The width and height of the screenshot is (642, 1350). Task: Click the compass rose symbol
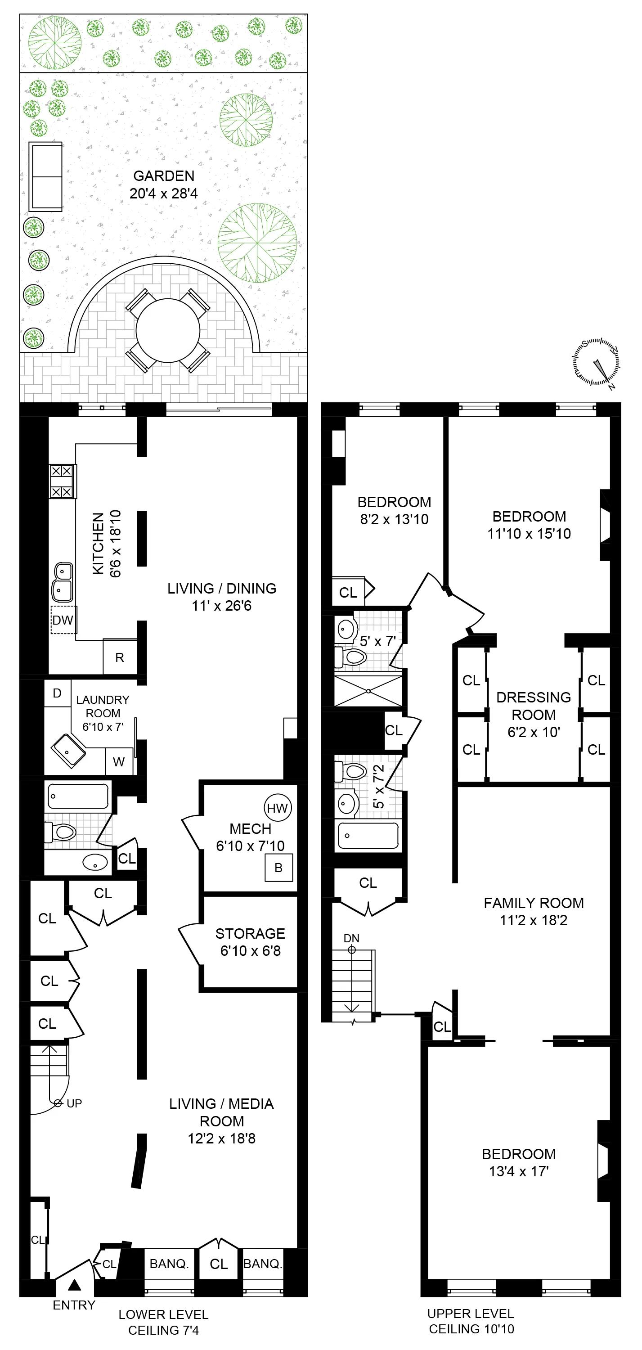click(x=597, y=363)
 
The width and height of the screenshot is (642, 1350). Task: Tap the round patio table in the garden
click(x=168, y=331)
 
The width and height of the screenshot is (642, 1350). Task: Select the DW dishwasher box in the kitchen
click(x=63, y=620)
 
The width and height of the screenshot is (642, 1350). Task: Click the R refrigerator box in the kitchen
click(x=120, y=657)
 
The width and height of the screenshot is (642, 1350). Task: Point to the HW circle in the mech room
click(x=277, y=808)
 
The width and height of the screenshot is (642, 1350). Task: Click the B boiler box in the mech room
click(x=278, y=867)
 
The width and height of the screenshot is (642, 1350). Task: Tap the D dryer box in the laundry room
click(x=57, y=693)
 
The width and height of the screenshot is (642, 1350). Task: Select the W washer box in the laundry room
click(x=119, y=761)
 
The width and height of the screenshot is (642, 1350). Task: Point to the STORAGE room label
click(x=250, y=933)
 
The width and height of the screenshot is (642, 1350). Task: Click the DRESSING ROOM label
click(x=534, y=706)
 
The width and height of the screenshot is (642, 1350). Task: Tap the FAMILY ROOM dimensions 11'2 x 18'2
click(x=534, y=920)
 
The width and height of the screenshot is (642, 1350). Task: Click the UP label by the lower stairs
click(x=74, y=1103)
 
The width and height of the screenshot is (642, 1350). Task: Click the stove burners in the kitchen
click(x=62, y=481)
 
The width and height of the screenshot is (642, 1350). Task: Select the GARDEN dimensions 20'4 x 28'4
click(x=163, y=193)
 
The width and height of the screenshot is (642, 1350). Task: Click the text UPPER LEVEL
click(x=470, y=1313)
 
